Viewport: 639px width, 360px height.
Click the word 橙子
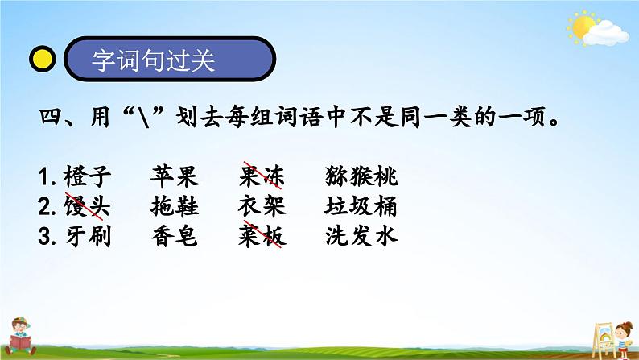click(87, 176)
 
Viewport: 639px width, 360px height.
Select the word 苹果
click(175, 176)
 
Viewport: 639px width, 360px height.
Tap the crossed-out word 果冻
click(262, 176)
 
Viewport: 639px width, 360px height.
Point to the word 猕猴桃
click(361, 176)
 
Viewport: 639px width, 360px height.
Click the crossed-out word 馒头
click(87, 206)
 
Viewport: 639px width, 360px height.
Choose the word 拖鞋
click(175, 206)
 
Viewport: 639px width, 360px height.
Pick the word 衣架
click(262, 206)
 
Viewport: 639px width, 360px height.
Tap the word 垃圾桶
click(361, 206)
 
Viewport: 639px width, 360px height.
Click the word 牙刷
click(88, 236)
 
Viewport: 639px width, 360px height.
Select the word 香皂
click(175, 236)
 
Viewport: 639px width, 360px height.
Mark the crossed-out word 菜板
click(262, 235)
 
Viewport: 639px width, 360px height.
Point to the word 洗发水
click(361, 236)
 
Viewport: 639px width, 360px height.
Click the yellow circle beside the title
click(42, 59)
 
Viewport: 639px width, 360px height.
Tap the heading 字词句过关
click(153, 60)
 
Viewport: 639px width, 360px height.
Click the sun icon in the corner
click(583, 27)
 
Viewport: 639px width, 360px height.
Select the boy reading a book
click(20, 337)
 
